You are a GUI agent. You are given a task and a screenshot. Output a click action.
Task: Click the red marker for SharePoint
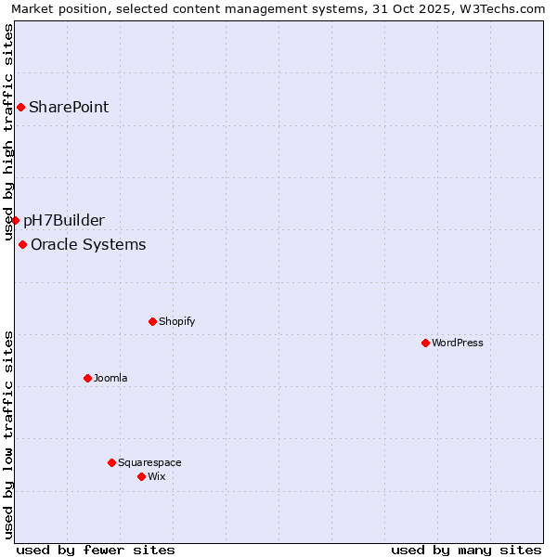click(x=20, y=107)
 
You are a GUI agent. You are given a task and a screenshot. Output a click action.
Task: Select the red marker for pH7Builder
click(x=15, y=220)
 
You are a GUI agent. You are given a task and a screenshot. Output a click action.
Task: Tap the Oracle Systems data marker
click(x=22, y=244)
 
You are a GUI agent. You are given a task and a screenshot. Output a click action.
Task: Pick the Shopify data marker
click(x=152, y=321)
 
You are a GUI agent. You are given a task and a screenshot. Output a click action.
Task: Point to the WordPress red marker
click(x=425, y=343)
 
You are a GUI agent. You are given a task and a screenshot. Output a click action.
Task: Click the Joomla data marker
click(x=87, y=378)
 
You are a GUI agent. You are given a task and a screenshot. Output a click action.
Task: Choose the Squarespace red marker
click(x=111, y=462)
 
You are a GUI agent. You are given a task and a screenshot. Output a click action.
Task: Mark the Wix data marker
click(x=141, y=476)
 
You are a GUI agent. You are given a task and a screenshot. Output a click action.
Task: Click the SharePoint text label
click(x=69, y=107)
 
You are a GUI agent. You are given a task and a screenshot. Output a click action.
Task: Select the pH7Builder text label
click(x=64, y=220)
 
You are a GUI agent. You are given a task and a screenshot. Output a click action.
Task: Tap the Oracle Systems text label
click(x=88, y=244)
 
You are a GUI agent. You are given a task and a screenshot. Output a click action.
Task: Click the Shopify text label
click(x=176, y=321)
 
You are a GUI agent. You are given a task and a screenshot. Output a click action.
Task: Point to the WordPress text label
click(x=458, y=343)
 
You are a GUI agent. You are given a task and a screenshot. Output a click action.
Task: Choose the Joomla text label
click(x=110, y=378)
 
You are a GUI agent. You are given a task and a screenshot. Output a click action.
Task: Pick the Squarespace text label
click(x=149, y=462)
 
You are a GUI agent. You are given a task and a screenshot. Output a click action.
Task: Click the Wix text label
click(x=156, y=476)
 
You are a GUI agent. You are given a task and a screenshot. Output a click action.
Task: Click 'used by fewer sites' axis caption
click(x=96, y=550)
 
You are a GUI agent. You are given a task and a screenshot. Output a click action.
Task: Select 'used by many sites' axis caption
click(x=466, y=550)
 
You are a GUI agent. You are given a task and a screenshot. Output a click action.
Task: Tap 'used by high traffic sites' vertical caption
click(x=8, y=133)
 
